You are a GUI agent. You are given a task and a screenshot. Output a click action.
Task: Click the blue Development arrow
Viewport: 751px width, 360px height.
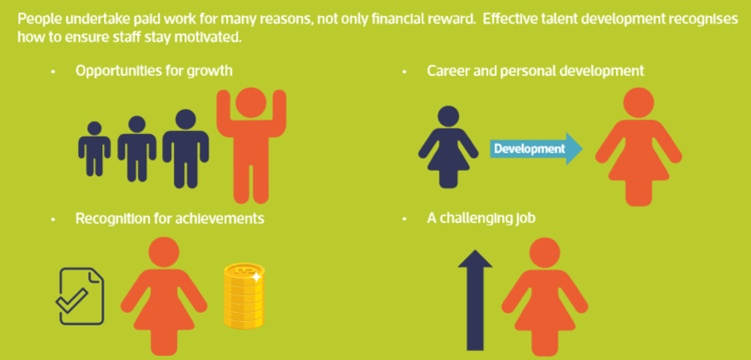coord(536,149)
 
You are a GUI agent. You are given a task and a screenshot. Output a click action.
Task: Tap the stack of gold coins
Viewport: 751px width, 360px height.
coord(243,296)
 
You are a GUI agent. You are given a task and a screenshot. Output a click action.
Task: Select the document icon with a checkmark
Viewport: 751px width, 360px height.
coord(80,296)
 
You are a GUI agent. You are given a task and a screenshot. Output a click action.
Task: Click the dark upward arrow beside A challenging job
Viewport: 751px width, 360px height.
coord(475,299)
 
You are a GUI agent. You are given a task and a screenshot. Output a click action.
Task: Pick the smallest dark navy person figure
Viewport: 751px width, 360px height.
coord(94,149)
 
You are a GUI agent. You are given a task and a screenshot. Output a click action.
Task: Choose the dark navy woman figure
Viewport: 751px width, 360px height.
coord(448,147)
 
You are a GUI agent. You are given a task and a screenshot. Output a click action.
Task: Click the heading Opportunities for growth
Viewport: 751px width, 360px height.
coord(154,71)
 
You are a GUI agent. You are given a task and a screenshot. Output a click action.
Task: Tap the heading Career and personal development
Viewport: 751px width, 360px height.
coord(535,71)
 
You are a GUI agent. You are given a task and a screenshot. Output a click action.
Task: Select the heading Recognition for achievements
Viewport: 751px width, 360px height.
coord(169,218)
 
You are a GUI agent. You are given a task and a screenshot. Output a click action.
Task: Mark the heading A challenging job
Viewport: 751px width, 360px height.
coord(481,218)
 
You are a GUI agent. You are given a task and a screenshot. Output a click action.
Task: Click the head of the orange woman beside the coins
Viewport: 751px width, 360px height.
coord(164,251)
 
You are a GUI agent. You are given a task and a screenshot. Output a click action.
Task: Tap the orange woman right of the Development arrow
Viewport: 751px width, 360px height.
coord(638,147)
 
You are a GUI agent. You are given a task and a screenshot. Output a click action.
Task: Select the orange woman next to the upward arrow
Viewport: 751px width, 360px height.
coord(544,297)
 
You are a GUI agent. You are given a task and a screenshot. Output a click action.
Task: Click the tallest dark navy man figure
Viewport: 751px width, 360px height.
coord(185,149)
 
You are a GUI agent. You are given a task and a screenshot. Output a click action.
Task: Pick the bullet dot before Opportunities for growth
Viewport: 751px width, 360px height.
coord(53,72)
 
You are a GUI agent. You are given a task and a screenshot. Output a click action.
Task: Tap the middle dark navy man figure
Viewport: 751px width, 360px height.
coord(137,149)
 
